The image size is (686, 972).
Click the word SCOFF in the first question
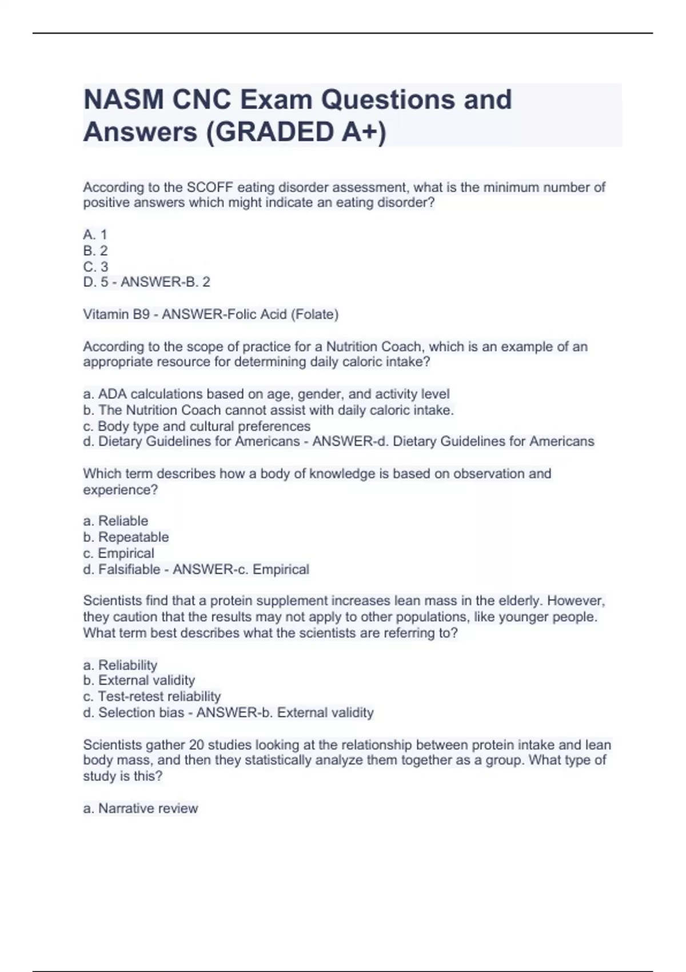click(210, 187)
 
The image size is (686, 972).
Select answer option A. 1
click(95, 234)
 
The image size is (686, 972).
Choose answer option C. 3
click(95, 266)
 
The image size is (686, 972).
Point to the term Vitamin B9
click(116, 314)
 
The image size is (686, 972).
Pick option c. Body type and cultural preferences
click(197, 426)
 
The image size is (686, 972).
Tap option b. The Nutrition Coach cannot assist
click(268, 410)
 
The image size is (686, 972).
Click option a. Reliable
click(115, 521)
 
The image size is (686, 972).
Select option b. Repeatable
click(126, 537)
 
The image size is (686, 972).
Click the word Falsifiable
click(129, 569)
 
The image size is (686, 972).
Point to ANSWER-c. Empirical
click(241, 569)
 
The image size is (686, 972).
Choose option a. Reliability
click(120, 665)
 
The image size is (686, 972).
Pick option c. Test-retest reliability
click(152, 696)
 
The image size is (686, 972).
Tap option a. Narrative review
click(141, 808)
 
